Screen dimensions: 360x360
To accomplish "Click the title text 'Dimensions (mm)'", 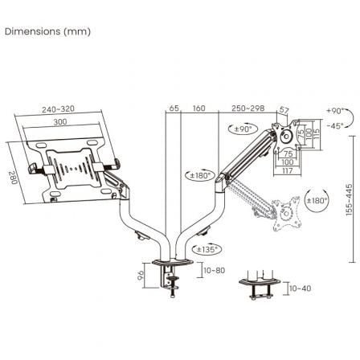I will pos(47,32).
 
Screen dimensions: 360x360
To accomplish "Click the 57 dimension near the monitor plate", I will pos(284,112).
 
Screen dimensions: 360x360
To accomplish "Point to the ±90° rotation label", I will pos(245,129).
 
